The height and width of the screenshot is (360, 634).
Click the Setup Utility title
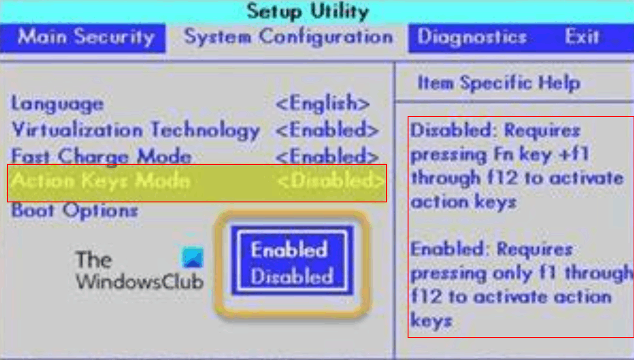click(308, 12)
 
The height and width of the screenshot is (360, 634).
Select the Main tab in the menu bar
click(42, 37)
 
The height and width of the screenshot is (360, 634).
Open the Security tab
click(115, 37)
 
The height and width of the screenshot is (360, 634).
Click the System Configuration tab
click(288, 37)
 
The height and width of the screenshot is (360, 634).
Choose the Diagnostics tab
click(472, 37)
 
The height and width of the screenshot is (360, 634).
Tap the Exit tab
click(582, 37)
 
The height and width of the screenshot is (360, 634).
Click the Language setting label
click(58, 104)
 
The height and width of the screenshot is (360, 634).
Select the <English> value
click(323, 103)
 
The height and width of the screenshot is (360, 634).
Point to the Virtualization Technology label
click(136, 130)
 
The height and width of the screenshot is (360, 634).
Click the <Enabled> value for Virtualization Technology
click(327, 130)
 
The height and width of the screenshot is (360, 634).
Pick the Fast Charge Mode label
click(101, 156)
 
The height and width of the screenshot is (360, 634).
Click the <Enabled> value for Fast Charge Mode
click(327, 156)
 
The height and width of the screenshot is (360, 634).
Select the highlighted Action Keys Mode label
click(101, 181)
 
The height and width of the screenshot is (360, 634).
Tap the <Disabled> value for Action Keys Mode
click(331, 181)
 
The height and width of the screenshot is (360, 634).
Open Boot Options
click(75, 210)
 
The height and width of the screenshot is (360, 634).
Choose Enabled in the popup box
click(289, 250)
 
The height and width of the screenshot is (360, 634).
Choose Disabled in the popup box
click(292, 276)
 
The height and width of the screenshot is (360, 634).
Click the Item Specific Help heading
click(499, 83)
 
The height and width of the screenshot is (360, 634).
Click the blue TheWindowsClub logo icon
click(193, 257)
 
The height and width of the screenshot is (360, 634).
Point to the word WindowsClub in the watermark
click(140, 282)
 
